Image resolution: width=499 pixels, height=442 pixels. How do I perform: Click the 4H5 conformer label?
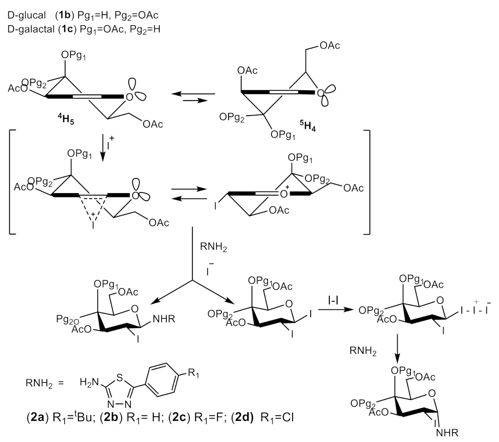pyautogui.click(x=66, y=121)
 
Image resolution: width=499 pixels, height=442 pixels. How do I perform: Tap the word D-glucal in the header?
pyautogui.click(x=26, y=15)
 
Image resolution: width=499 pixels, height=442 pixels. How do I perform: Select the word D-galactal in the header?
pyautogui.click(x=31, y=29)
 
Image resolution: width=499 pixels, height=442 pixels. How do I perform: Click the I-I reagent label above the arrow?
pyautogui.click(x=333, y=299)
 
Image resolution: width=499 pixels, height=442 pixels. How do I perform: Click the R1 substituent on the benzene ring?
pyautogui.click(x=193, y=374)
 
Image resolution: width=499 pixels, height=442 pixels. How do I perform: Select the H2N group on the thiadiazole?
pyautogui.click(x=87, y=383)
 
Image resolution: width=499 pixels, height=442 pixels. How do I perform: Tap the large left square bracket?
pyautogui.click(x=12, y=182)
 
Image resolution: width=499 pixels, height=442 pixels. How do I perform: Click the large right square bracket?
pyautogui.click(x=366, y=182)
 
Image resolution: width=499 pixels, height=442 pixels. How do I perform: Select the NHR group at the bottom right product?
pyautogui.click(x=447, y=433)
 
